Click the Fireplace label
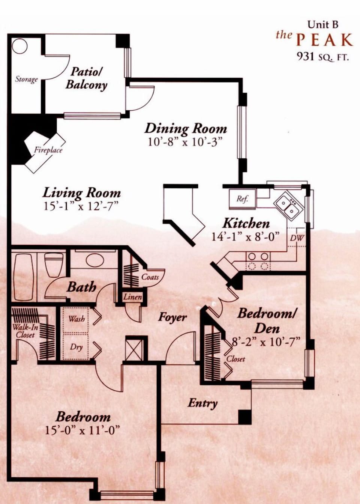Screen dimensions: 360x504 coord(48,150)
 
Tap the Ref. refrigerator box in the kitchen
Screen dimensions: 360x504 coord(242,199)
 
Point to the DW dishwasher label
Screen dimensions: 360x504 coord(297,238)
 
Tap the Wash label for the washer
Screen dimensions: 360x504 coord(77,319)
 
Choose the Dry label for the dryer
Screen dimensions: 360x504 coord(76,347)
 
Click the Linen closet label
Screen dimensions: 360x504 coord(132,297)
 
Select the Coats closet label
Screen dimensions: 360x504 coord(150,277)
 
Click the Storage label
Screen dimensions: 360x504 coord(26,79)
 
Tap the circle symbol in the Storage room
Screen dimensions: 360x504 coord(19,47)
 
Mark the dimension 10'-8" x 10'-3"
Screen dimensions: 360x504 coord(185,142)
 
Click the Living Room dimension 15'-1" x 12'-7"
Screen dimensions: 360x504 coord(81,206)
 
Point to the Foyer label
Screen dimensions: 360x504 coord(172,317)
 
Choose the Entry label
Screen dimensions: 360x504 coord(202,403)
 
